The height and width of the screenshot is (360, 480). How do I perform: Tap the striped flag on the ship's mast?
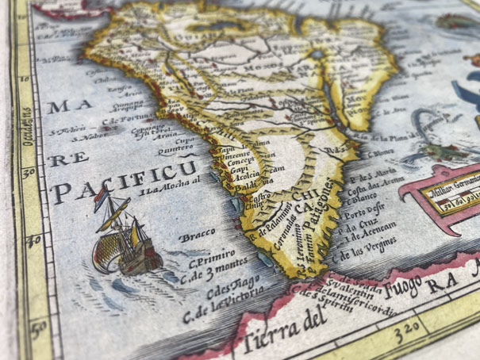click(x=104, y=203)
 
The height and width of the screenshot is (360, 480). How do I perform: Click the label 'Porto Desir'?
click(x=367, y=210)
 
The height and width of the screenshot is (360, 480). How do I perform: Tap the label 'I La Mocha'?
click(x=167, y=186)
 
